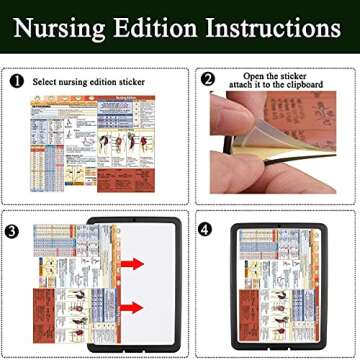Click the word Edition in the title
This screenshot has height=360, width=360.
155,24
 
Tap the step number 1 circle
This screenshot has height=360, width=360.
18,80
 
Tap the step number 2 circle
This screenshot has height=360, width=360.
208,79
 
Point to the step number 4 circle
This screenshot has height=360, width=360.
206,229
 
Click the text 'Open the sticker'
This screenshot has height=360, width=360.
274,75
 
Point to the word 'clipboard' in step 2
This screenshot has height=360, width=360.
306,87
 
